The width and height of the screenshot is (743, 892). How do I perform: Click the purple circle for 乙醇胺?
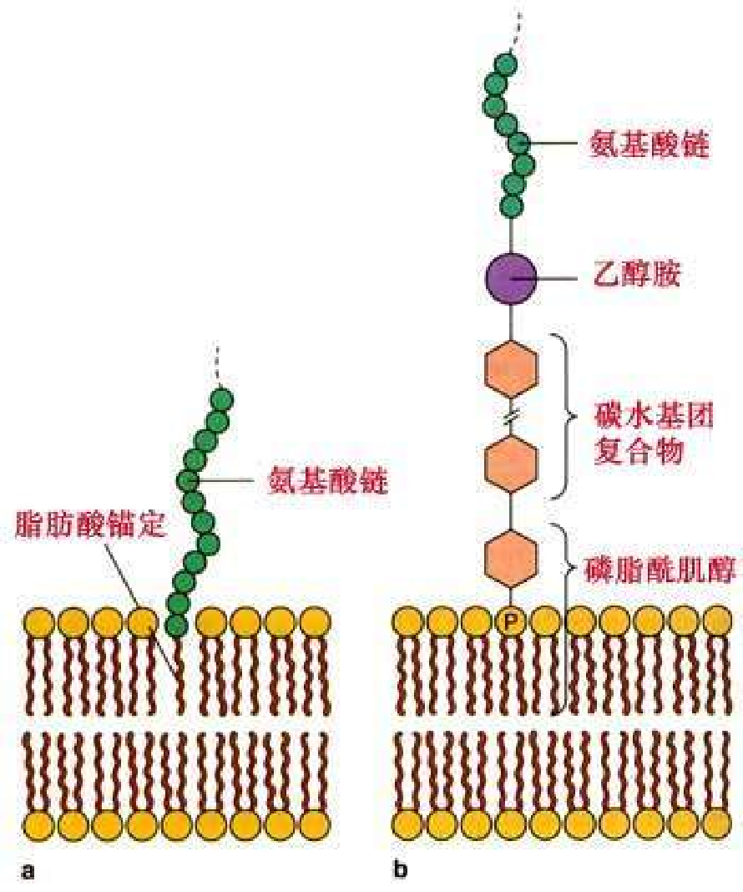tap(511, 276)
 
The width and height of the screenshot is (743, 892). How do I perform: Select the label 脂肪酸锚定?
tap(92, 525)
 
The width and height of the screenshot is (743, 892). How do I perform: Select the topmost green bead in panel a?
tap(222, 398)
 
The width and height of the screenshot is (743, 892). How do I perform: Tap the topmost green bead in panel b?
tap(504, 65)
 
